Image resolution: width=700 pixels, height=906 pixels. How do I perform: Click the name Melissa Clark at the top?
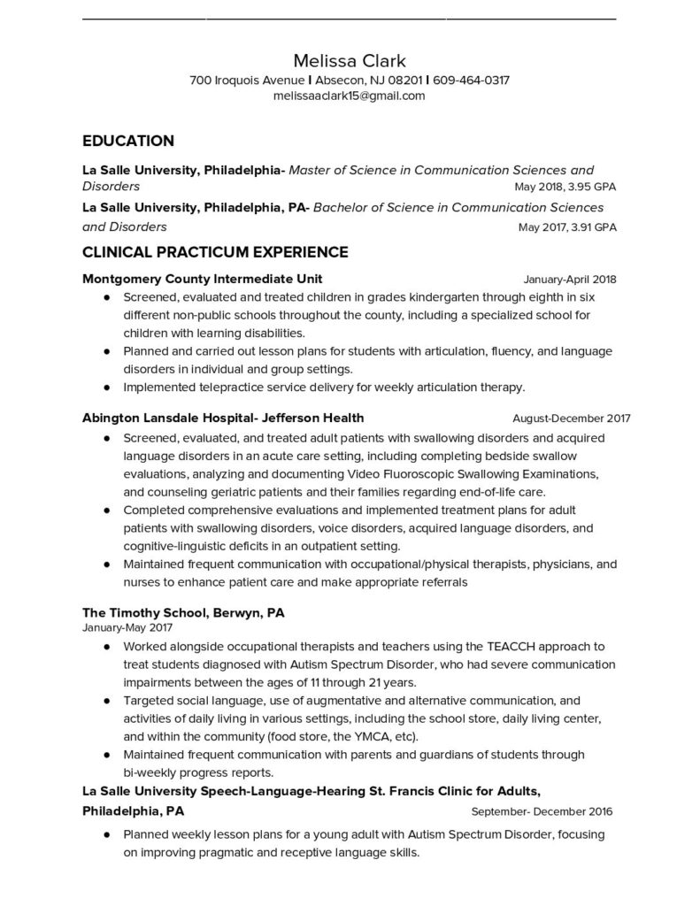pyautogui.click(x=350, y=61)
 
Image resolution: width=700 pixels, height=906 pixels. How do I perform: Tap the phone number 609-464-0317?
pyautogui.click(x=471, y=81)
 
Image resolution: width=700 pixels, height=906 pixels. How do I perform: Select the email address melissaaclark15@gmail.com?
pyautogui.click(x=350, y=96)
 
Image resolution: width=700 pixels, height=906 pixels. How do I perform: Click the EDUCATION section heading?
pyautogui.click(x=127, y=141)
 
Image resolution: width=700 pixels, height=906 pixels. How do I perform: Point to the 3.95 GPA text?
pyautogui.click(x=592, y=188)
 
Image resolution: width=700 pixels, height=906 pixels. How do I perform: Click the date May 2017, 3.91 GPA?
pyautogui.click(x=567, y=226)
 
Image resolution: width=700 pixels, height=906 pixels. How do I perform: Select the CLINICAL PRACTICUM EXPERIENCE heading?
pyautogui.click(x=215, y=252)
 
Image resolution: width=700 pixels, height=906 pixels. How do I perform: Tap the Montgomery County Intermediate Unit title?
pyautogui.click(x=202, y=279)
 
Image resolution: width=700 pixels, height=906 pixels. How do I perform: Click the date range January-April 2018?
pyautogui.click(x=570, y=280)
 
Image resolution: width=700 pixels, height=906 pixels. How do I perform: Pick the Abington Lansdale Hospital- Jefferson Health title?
pyautogui.click(x=223, y=418)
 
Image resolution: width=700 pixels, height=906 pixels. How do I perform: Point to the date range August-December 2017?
pyautogui.click(x=572, y=418)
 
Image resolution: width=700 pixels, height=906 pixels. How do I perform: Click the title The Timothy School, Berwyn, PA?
pyautogui.click(x=183, y=612)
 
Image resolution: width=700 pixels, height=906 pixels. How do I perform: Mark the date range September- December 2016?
pyautogui.click(x=542, y=811)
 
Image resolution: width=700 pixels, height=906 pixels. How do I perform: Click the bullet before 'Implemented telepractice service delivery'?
pyautogui.click(x=107, y=388)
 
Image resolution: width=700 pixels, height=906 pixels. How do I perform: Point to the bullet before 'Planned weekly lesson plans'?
pyautogui.click(x=107, y=834)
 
